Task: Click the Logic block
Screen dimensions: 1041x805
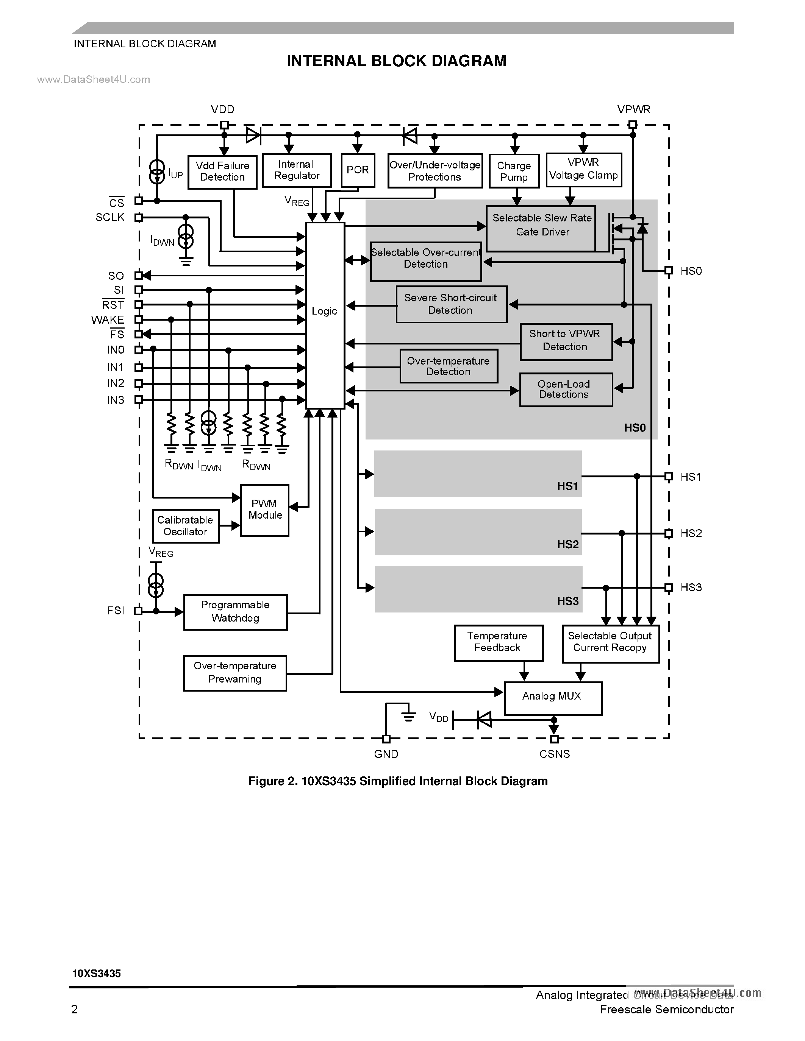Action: (x=325, y=315)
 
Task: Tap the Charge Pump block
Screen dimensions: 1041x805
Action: (x=514, y=171)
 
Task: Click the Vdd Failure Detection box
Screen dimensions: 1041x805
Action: (x=222, y=171)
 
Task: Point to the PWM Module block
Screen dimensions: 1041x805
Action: (x=265, y=510)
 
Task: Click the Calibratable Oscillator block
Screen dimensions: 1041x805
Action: (x=186, y=526)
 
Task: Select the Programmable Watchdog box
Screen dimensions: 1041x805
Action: (x=235, y=612)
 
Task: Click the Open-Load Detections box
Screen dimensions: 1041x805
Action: (x=566, y=390)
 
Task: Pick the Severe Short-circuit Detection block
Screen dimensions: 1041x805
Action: (x=451, y=304)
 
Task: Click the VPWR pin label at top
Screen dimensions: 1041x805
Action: (x=633, y=110)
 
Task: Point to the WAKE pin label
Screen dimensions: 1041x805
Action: (x=108, y=320)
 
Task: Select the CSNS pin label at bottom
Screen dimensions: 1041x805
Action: (x=554, y=754)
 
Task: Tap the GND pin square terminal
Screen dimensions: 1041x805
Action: (x=386, y=739)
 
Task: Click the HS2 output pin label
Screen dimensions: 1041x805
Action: (x=691, y=533)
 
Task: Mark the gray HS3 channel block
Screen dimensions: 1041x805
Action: (x=478, y=589)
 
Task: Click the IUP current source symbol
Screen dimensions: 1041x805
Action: (x=156, y=172)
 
